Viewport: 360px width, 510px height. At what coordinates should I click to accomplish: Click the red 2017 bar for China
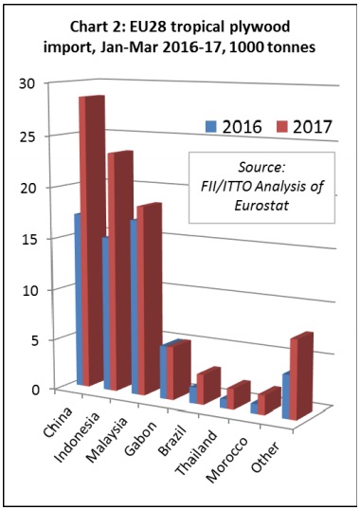[93, 241]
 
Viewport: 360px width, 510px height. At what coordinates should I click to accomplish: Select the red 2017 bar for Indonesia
[120, 270]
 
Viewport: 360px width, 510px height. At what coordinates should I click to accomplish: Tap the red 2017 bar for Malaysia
[149, 299]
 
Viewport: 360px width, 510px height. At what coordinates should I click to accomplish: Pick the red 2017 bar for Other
[301, 376]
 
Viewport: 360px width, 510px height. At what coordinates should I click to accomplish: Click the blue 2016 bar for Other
[286, 396]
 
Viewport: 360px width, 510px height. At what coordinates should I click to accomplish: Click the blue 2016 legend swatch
[210, 126]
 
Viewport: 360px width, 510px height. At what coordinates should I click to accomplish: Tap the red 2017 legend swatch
[282, 126]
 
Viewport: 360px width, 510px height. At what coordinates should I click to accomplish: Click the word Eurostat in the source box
[261, 206]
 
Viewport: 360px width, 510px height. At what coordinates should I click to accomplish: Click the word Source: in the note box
[261, 168]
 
